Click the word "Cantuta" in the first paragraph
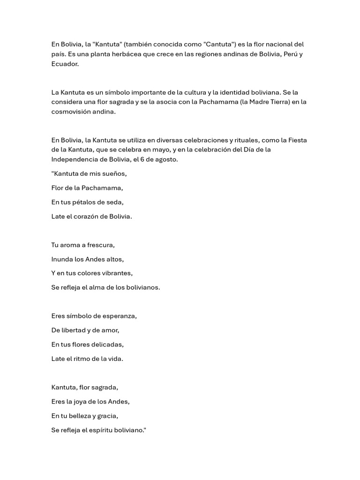[x=219, y=45]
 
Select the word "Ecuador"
[x=65, y=64]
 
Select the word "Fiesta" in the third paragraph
[x=298, y=140]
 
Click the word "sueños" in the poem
[x=114, y=173]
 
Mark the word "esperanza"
[x=118, y=316]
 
